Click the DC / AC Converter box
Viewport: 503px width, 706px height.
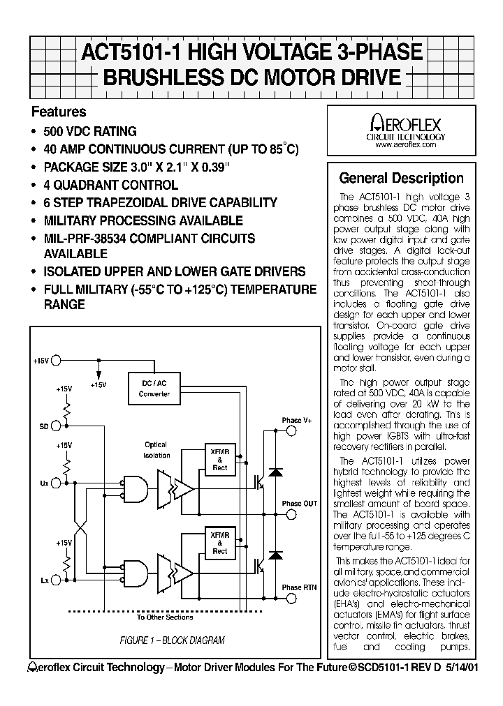click(x=154, y=389)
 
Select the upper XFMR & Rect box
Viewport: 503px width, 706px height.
click(x=219, y=458)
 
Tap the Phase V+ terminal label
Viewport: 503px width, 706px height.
click(x=297, y=421)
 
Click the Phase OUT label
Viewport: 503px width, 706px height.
click(x=299, y=503)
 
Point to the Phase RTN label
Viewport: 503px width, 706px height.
click(x=299, y=587)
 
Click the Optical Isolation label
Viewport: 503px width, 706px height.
click(x=156, y=450)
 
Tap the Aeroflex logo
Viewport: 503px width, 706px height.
click(x=405, y=126)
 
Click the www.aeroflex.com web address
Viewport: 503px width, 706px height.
click(x=405, y=145)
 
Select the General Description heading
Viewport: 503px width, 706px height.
click(x=401, y=178)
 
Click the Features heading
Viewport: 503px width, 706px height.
click(x=59, y=112)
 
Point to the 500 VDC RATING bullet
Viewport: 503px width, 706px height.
click(x=90, y=131)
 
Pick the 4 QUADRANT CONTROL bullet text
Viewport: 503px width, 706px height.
click(x=110, y=185)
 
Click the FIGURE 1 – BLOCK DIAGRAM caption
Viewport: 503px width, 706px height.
click(x=172, y=640)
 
